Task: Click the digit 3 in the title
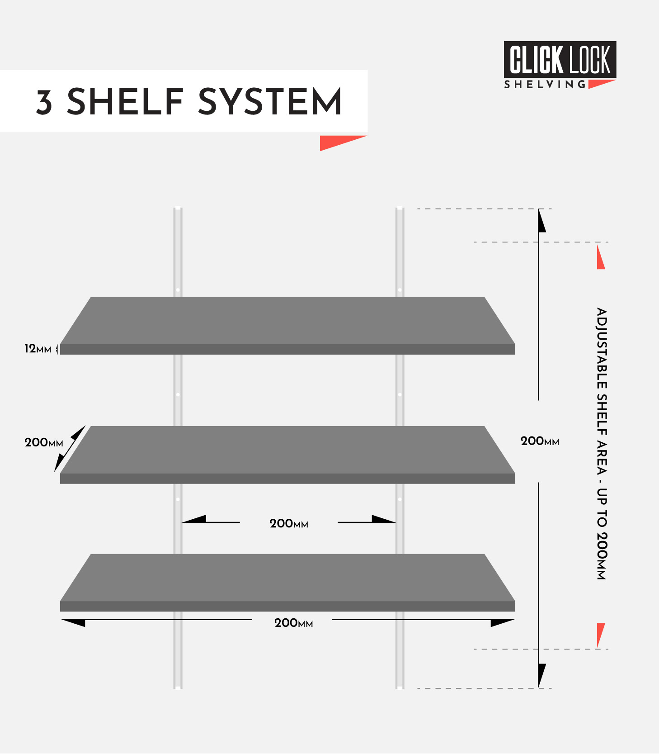tap(44, 102)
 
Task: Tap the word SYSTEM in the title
tap(270, 101)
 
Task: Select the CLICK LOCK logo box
tap(560, 60)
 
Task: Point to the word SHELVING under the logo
tap(545, 85)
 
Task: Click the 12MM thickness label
tap(38, 349)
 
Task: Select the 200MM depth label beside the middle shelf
tap(44, 442)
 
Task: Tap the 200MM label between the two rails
tap(289, 523)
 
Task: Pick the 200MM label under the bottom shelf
tap(294, 623)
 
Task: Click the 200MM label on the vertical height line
tap(540, 441)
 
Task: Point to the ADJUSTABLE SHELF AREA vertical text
tap(602, 443)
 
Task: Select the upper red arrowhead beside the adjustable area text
tap(600, 257)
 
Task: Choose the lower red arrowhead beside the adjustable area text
tap(600, 635)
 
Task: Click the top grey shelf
tap(287, 326)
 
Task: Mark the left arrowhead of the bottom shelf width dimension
tap(73, 622)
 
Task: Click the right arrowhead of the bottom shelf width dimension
tap(503, 622)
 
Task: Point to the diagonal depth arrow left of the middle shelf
tap(70, 449)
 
